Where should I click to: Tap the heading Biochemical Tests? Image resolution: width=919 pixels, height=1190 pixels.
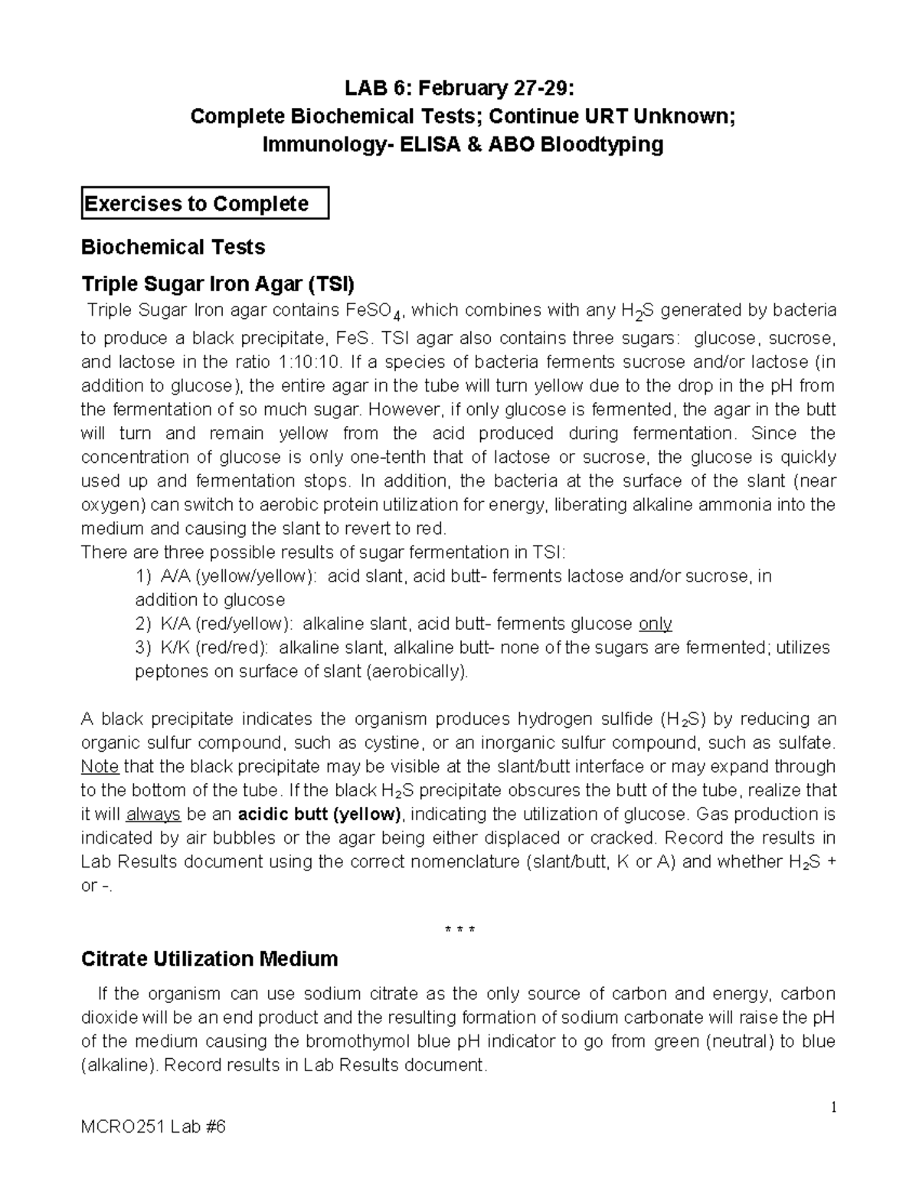[x=173, y=247]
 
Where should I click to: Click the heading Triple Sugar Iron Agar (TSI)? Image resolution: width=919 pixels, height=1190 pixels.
[x=218, y=285]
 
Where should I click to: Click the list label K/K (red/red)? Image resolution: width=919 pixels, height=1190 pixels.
[x=214, y=647]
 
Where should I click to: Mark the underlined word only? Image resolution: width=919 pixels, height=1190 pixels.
[x=655, y=624]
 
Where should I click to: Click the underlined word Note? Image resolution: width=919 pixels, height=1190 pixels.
[x=100, y=766]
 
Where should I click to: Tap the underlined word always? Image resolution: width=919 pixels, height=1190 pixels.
[x=153, y=814]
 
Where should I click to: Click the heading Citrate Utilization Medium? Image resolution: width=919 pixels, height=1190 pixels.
[x=209, y=959]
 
